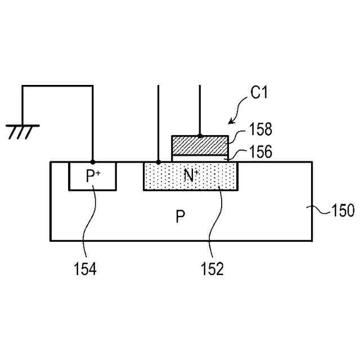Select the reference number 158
tap(260, 130)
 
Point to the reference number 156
tap(260, 152)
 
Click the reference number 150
tap(342, 211)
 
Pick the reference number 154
tap(85, 269)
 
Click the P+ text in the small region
tap(93, 176)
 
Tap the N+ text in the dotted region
tap(192, 176)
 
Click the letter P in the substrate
tap(180, 217)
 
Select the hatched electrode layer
tap(200, 146)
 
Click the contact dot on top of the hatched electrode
tap(200, 136)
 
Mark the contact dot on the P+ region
tap(93, 162)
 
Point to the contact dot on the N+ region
tap(159, 162)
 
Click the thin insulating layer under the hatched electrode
tap(200, 159)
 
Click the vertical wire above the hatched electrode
tap(200, 110)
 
